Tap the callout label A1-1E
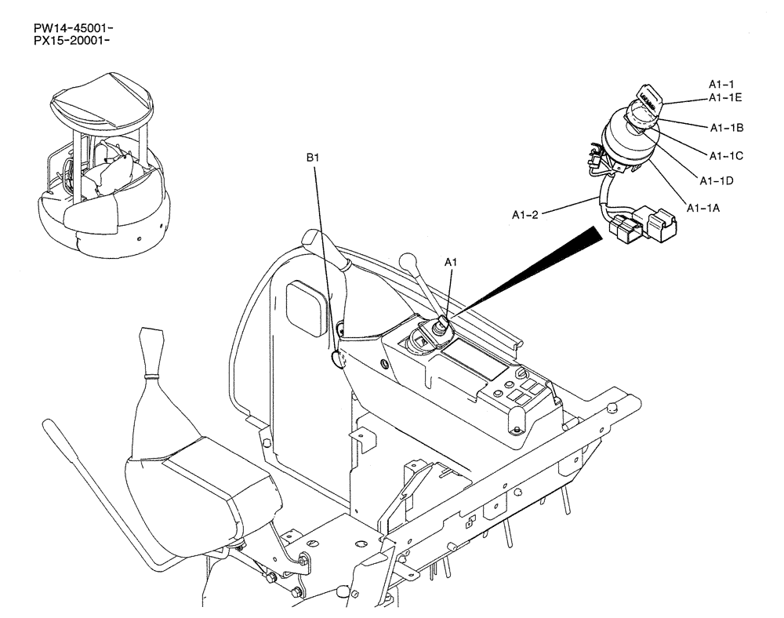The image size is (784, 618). pyautogui.click(x=725, y=97)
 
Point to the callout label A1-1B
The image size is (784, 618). pyautogui.click(x=727, y=127)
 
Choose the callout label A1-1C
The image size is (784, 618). pyautogui.click(x=726, y=155)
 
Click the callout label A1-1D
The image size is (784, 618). pyautogui.click(x=716, y=181)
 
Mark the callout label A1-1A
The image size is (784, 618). pyautogui.click(x=703, y=208)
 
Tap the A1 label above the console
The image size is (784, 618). pyautogui.click(x=450, y=264)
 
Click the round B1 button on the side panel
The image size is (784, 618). pyautogui.click(x=339, y=359)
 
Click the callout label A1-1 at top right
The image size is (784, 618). pyautogui.click(x=721, y=84)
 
